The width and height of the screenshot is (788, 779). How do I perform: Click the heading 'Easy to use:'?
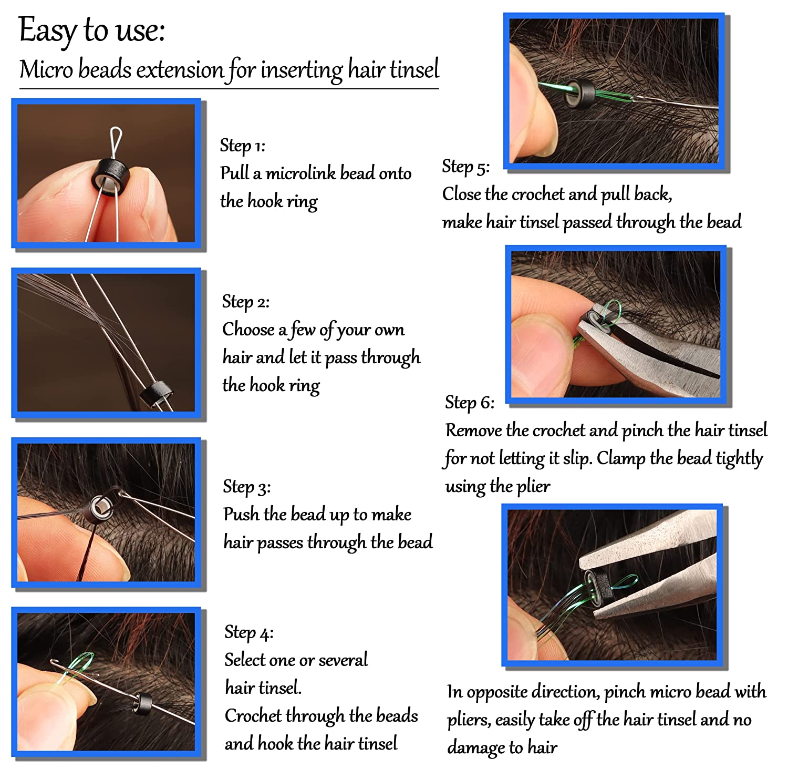[x=92, y=30]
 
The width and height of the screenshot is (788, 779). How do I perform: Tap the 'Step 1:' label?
[x=243, y=146]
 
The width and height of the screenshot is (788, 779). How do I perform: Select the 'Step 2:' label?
[x=246, y=302]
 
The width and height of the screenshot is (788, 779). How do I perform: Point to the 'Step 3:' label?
[x=247, y=487]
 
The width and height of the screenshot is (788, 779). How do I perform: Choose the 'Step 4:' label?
[x=249, y=632]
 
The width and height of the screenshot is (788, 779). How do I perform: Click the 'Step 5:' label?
[x=466, y=167]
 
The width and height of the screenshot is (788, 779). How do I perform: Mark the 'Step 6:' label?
[x=470, y=403]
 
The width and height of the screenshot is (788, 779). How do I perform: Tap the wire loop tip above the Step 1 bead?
[x=116, y=129]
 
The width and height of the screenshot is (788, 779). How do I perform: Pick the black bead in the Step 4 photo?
[x=140, y=703]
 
